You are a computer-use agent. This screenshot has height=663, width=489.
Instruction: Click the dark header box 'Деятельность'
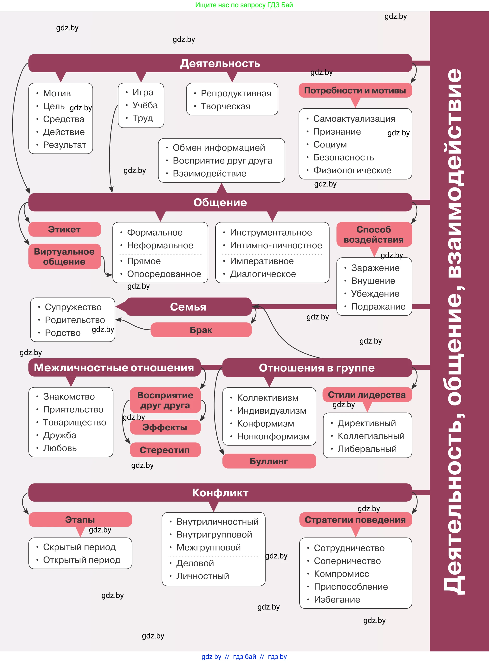(x=220, y=63)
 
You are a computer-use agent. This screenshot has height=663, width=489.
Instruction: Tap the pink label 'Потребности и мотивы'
(x=355, y=90)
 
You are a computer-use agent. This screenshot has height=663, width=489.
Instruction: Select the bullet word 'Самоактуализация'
(x=354, y=119)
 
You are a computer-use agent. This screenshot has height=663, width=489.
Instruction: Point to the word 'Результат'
(x=65, y=145)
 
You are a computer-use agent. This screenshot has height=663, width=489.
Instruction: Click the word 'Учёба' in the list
(x=145, y=105)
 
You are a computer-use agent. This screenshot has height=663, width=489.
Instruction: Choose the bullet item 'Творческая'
(x=226, y=106)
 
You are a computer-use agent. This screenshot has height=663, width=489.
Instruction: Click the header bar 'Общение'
(x=220, y=202)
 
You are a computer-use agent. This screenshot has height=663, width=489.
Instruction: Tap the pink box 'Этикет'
(x=65, y=229)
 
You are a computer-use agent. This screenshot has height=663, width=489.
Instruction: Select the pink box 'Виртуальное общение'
(x=65, y=256)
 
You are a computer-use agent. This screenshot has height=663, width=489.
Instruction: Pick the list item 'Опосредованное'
(x=164, y=274)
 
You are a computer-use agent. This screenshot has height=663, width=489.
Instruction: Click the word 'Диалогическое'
(x=263, y=274)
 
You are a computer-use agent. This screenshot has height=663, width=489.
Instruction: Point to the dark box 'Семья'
(x=188, y=307)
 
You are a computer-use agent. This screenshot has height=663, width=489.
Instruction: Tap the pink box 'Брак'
(x=201, y=330)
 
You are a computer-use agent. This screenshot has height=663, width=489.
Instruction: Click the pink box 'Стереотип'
(x=165, y=450)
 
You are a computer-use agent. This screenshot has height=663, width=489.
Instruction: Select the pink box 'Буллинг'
(x=269, y=461)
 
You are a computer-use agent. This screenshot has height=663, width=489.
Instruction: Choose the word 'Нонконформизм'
(x=273, y=437)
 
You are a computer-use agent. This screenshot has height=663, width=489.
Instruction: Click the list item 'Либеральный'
(x=367, y=449)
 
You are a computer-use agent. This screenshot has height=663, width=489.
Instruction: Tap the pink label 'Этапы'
(x=80, y=520)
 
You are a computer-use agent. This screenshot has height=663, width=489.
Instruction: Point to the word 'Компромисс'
(x=341, y=574)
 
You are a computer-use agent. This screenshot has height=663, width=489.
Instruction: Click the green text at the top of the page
(x=244, y=5)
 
